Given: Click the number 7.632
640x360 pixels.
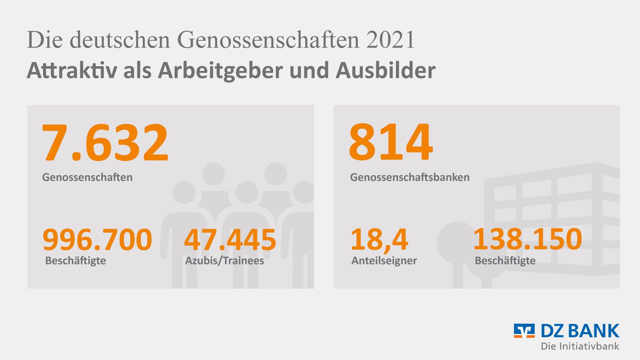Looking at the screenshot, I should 105,142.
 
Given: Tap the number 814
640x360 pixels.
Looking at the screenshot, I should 391,142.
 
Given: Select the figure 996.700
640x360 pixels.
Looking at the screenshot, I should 97,240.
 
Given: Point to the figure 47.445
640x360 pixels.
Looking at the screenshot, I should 230,240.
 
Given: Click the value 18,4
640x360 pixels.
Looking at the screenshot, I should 379,240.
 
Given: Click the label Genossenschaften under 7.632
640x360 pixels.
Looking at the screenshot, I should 87,177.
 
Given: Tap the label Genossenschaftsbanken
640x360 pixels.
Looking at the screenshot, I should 410,177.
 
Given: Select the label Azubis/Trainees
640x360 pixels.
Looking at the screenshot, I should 225,261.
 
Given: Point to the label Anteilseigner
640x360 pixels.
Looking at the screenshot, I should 384,261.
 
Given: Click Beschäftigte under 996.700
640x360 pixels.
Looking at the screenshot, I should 76,261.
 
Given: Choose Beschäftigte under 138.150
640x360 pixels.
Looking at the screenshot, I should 505,261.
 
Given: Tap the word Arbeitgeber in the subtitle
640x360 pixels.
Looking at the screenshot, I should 220,71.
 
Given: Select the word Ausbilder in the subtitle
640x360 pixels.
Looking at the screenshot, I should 386,71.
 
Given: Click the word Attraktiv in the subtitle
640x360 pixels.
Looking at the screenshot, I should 72,71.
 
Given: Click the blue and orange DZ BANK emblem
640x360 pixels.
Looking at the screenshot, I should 524,331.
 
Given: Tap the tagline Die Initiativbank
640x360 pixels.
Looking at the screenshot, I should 580,346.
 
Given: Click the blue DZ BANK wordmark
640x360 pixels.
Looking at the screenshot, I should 580,331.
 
